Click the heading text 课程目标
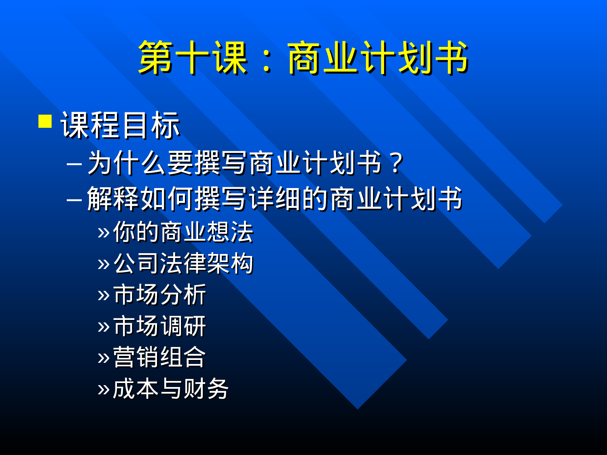pyautogui.click(x=120, y=125)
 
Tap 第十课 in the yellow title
pyautogui.click(x=193, y=58)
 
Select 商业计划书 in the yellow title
pyautogui.click(x=378, y=58)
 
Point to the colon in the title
pyautogui.click(x=267, y=61)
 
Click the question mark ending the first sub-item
pyautogui.click(x=397, y=163)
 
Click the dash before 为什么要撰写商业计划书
pyautogui.click(x=74, y=164)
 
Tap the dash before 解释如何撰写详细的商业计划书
pyautogui.click(x=74, y=199)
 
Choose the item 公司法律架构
pyautogui.click(x=183, y=263)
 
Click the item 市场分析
pyautogui.click(x=160, y=294)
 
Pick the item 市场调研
pyautogui.click(x=160, y=326)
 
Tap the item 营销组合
pyautogui.click(x=159, y=357)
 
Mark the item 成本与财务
pyautogui.click(x=171, y=389)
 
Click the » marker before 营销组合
pyautogui.click(x=104, y=358)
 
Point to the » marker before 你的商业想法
pyautogui.click(x=104, y=233)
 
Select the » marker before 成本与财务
pyautogui.click(x=104, y=389)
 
